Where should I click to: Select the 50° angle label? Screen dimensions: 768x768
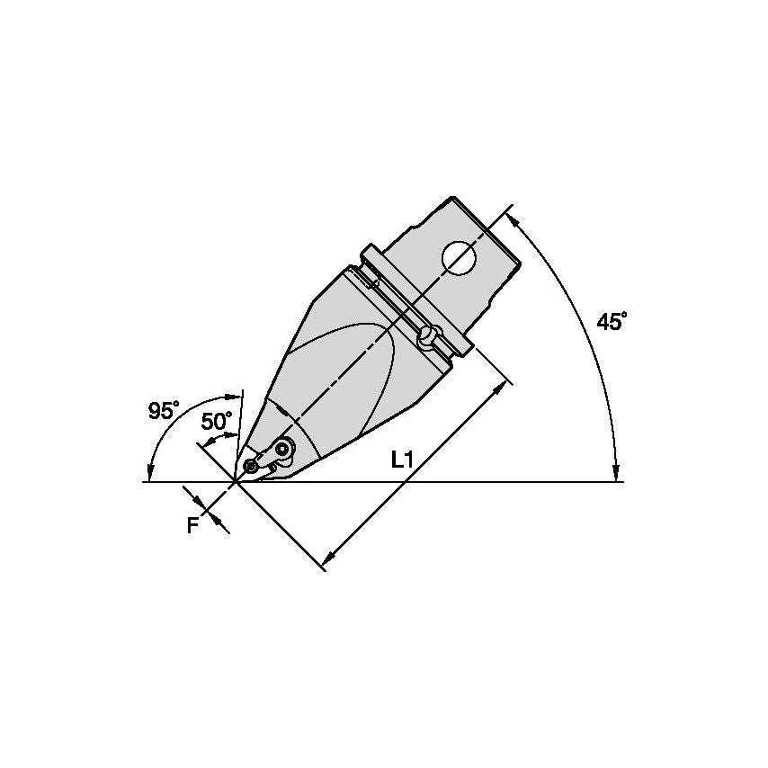pyautogui.click(x=217, y=421)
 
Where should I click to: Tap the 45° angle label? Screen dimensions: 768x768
pyautogui.click(x=612, y=322)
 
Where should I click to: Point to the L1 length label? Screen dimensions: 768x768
pyautogui.click(x=403, y=460)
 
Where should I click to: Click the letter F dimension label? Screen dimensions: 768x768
pyautogui.click(x=193, y=525)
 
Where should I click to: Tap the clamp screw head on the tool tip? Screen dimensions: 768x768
pyautogui.click(x=282, y=448)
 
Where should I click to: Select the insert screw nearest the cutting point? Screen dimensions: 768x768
pyautogui.click(x=252, y=465)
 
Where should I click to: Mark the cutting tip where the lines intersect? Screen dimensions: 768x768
pyautogui.click(x=237, y=482)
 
